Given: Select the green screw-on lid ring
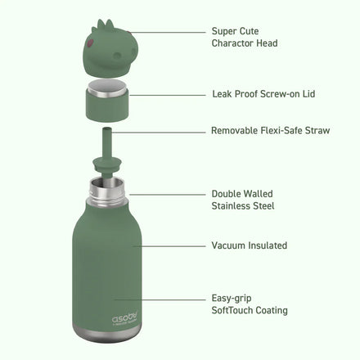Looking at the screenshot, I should click(106, 104).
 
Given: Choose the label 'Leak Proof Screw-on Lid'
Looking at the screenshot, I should click(263, 95).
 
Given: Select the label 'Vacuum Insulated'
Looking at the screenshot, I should click(249, 245).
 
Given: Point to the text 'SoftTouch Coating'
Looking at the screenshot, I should click(249, 311).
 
